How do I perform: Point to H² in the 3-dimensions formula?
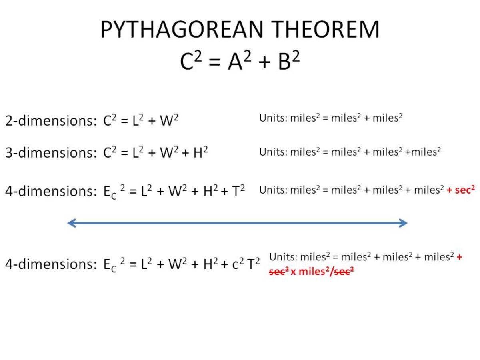(x=200, y=152)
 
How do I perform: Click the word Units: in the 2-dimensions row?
(x=273, y=118)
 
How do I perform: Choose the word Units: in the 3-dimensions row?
(x=273, y=152)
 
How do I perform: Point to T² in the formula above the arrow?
(x=238, y=191)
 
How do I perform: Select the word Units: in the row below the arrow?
(x=283, y=257)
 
